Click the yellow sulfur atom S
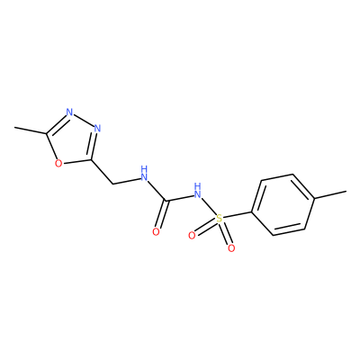pyautogui.click(x=220, y=219)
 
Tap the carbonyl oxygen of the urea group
pyautogui.click(x=156, y=231)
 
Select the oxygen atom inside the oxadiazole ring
pyautogui.click(x=58, y=164)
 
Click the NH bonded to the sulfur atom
pyautogui.click(x=197, y=192)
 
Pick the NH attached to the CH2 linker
pyautogui.click(x=145, y=174)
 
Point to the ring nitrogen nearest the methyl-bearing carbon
pyautogui.click(x=69, y=112)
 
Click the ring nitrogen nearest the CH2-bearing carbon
pyautogui.click(x=97, y=129)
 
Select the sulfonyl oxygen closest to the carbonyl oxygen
pyautogui.click(x=192, y=236)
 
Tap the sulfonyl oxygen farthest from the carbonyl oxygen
pyautogui.click(x=231, y=248)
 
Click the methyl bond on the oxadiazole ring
pyautogui.click(x=31, y=130)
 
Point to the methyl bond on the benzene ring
pyautogui.click(x=330, y=194)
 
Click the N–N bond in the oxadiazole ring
pyautogui.click(x=83, y=121)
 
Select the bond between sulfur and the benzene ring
pyautogui.click(x=238, y=215)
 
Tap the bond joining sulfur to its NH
pyautogui.click(x=209, y=206)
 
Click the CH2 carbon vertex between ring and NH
pyautogui.click(x=112, y=184)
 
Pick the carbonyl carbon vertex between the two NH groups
pyautogui.click(x=166, y=200)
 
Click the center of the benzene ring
pyautogui.click(x=283, y=205)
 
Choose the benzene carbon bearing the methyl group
pyautogui.click(x=314, y=198)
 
